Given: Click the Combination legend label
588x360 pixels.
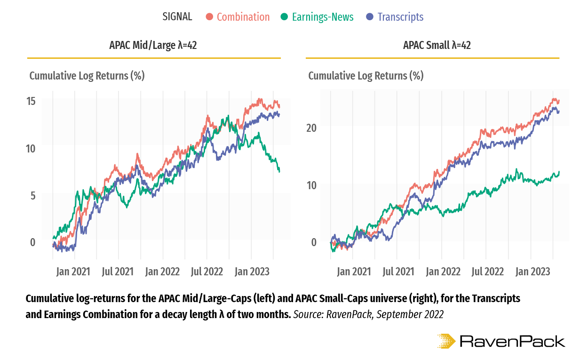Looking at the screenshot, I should [x=243, y=17].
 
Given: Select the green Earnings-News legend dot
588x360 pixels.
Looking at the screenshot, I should [x=284, y=17].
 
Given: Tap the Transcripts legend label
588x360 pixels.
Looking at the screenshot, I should [x=400, y=17].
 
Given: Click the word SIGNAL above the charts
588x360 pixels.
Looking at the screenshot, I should [x=177, y=16].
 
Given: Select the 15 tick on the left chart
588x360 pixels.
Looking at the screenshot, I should [x=32, y=101].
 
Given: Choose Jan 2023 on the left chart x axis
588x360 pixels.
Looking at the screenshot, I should [x=252, y=272].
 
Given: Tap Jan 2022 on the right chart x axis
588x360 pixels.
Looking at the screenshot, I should [x=443, y=272].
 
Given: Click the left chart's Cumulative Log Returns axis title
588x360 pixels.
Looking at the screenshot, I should [x=87, y=76].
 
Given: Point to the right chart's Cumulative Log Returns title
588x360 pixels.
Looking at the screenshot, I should [x=366, y=76].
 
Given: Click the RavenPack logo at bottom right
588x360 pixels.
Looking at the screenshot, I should [x=501, y=341].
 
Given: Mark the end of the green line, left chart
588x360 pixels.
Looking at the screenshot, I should [x=279, y=171].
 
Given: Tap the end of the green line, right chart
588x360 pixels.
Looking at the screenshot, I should [x=559, y=172].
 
